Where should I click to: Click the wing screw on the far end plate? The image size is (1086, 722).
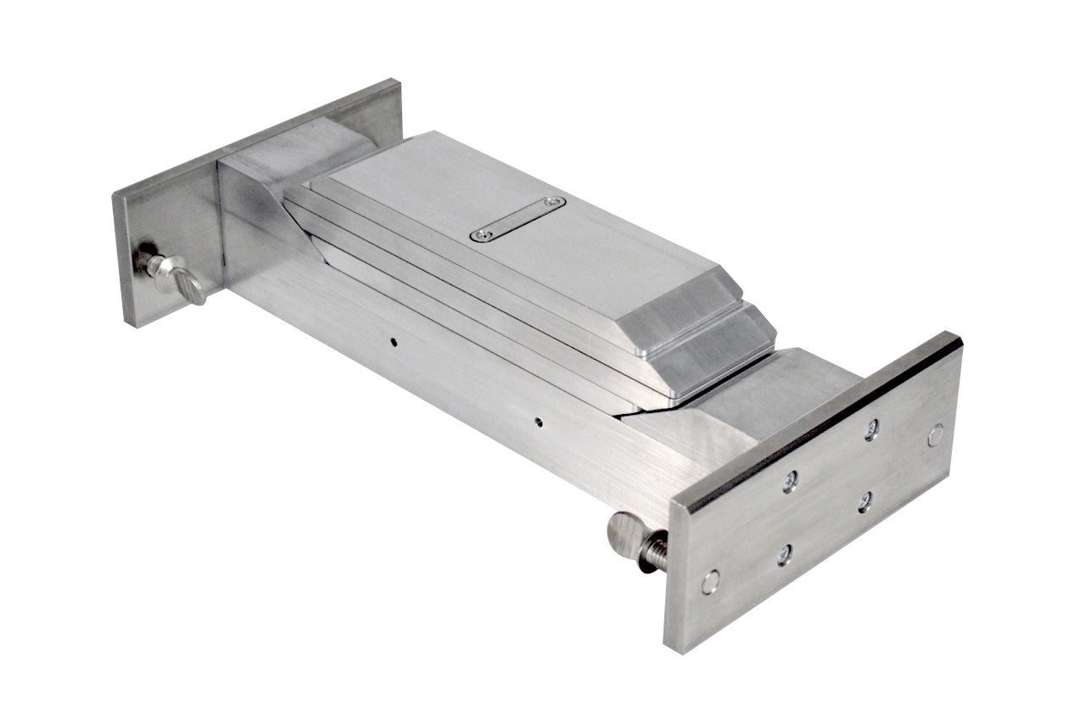click(179, 280)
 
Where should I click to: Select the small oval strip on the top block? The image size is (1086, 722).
click(518, 219)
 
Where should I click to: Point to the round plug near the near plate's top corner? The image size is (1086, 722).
click(935, 435)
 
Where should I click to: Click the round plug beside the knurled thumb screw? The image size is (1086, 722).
click(711, 581)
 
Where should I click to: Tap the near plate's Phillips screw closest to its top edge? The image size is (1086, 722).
click(871, 430)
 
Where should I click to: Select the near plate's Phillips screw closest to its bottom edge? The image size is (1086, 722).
click(785, 555)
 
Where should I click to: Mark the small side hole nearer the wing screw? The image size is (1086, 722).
click(394, 343)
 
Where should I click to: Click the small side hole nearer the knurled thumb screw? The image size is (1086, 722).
click(538, 419)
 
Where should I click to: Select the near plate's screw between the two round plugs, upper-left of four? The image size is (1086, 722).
click(790, 481)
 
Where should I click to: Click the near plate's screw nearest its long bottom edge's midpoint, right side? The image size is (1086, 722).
click(865, 501)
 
